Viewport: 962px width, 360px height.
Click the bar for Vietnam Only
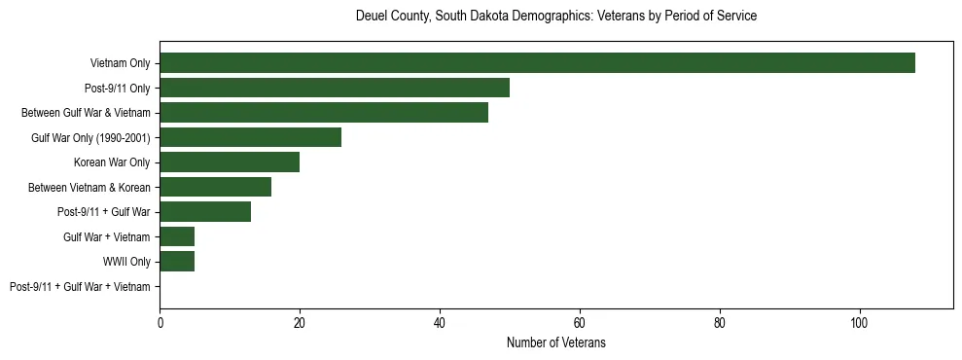tap(537, 63)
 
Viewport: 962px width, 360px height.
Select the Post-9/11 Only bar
tap(335, 88)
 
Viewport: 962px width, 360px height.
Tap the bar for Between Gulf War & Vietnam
tap(324, 113)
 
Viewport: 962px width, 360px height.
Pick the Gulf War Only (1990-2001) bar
tap(250, 137)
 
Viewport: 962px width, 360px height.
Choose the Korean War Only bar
tap(230, 162)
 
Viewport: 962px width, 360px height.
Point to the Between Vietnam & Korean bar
tap(215, 187)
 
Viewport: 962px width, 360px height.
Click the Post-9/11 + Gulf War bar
tap(205, 212)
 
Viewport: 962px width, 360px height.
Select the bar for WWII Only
tap(177, 262)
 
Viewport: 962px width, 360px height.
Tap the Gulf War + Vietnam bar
tap(177, 236)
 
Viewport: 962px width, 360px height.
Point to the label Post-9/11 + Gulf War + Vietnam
tap(80, 287)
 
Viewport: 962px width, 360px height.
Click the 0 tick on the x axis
tap(160, 323)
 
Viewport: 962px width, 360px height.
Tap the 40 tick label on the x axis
tap(440, 323)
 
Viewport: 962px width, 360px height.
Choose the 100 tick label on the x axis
tap(860, 323)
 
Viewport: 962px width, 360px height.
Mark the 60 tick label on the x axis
tap(580, 323)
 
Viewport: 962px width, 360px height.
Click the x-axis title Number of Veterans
tap(556, 342)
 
